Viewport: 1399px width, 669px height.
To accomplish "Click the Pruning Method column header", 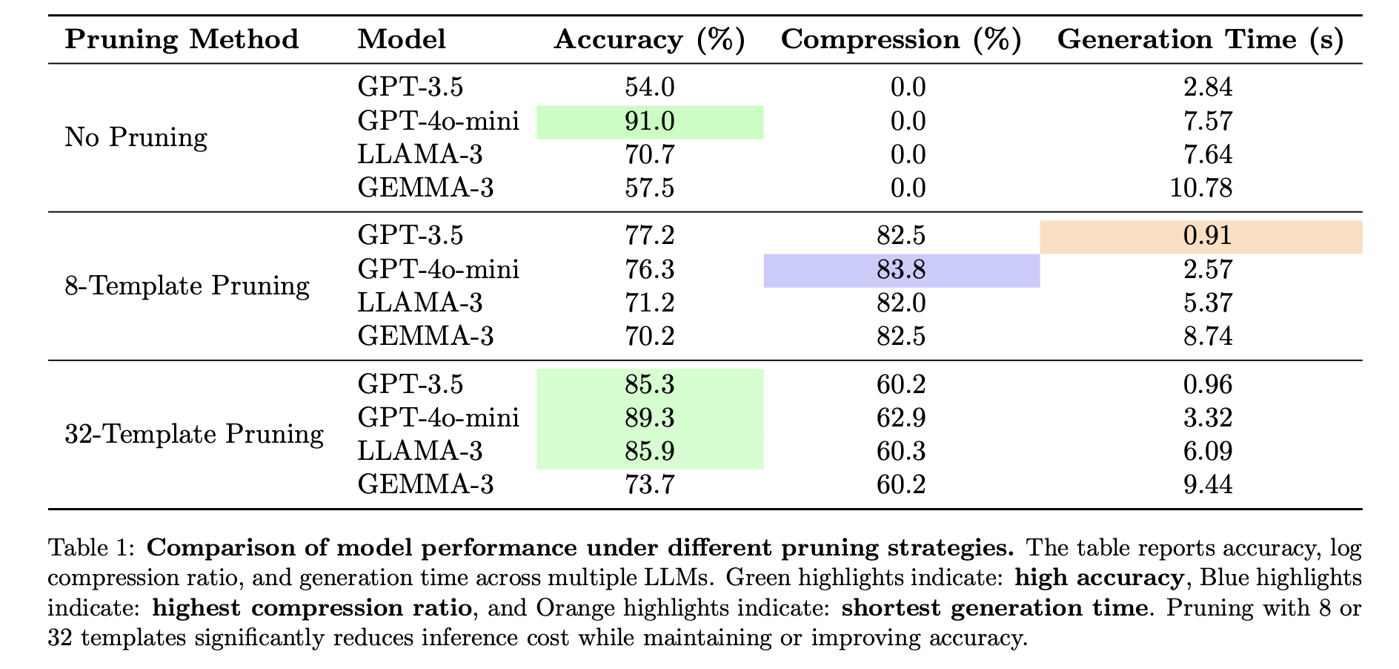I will point(182,39).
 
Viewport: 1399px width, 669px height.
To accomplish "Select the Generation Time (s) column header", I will point(1200,39).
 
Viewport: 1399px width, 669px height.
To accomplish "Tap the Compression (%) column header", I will point(901,39).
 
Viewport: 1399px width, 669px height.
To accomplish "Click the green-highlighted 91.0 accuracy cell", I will point(650,122).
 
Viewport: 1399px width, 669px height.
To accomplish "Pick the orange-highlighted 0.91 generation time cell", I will point(1207,237).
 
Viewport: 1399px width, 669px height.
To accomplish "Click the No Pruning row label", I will point(136,138).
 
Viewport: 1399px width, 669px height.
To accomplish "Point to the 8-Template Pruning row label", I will point(187,286).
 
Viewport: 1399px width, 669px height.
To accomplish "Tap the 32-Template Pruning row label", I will point(194,435).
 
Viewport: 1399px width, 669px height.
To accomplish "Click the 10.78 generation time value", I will point(1202,188).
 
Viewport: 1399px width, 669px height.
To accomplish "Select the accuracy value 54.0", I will point(650,88).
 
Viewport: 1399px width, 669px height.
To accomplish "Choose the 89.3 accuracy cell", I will point(650,418).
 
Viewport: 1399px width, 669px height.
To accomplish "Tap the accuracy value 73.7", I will point(650,485).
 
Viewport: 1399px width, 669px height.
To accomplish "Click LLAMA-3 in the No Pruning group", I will point(420,155).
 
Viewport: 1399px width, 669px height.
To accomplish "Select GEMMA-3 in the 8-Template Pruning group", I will point(425,337).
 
